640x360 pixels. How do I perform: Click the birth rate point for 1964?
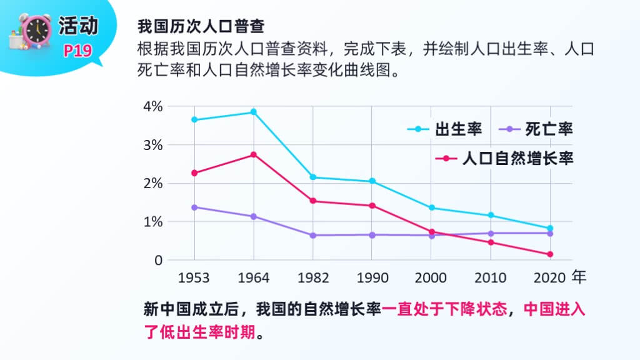(253, 112)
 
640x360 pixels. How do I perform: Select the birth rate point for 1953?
(194, 119)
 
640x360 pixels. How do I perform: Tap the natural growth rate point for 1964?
(253, 154)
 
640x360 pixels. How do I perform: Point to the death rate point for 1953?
(194, 207)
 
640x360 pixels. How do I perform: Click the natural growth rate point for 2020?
(550, 254)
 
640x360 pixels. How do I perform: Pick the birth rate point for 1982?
(312, 177)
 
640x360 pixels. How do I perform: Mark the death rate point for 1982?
(312, 235)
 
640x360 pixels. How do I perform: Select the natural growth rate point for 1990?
(372, 206)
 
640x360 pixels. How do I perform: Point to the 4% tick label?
(152, 107)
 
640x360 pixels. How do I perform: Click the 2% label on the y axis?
(152, 184)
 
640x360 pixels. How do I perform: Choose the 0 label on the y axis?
(158, 260)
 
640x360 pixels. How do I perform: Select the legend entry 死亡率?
(537, 129)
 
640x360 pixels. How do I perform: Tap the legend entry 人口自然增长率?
(505, 159)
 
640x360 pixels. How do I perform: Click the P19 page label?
(77, 51)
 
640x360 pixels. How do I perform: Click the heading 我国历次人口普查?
(201, 27)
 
